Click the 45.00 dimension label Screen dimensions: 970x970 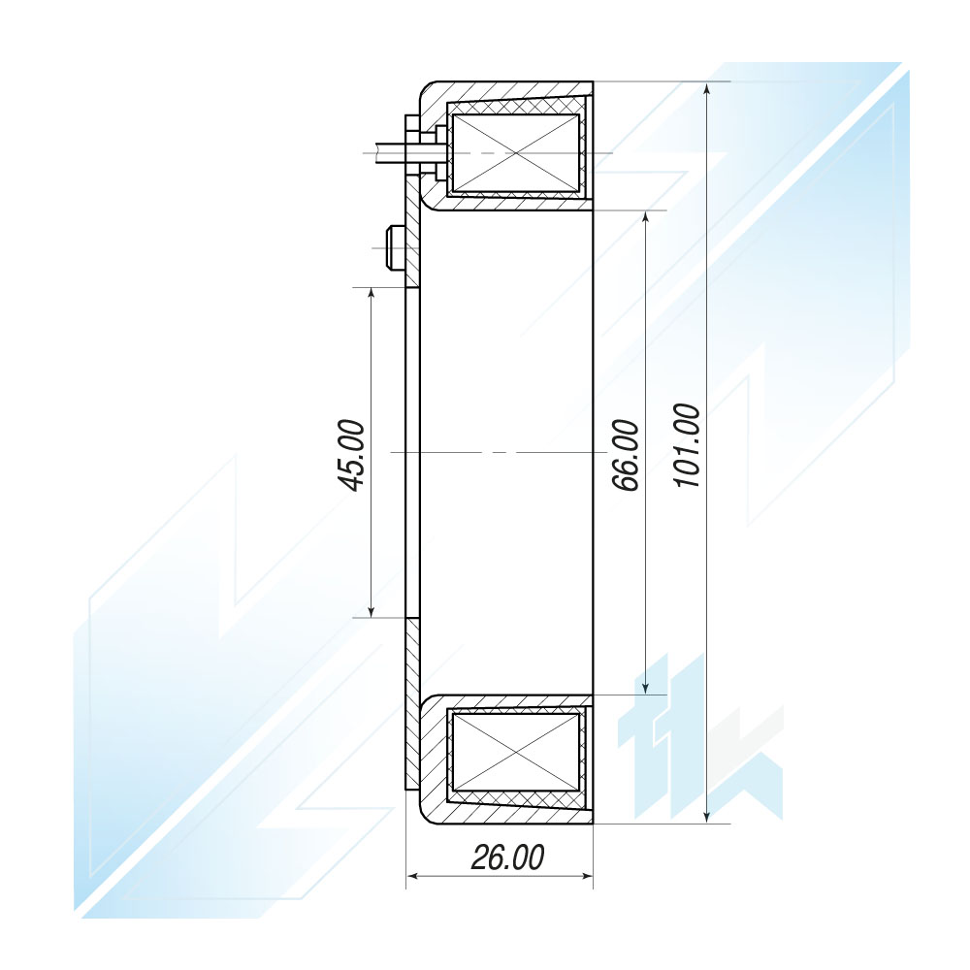[354, 455]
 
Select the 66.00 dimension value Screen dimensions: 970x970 [626, 455]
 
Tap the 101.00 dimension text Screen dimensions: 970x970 [688, 445]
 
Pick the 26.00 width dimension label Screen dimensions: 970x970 [508, 857]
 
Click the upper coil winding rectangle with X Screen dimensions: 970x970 [516, 153]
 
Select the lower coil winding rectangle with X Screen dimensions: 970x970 [516, 753]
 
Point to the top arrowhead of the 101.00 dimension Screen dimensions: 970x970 [708, 90]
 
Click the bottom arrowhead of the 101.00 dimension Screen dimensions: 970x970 [708, 814]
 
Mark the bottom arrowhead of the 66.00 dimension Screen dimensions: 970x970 [646, 686]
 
